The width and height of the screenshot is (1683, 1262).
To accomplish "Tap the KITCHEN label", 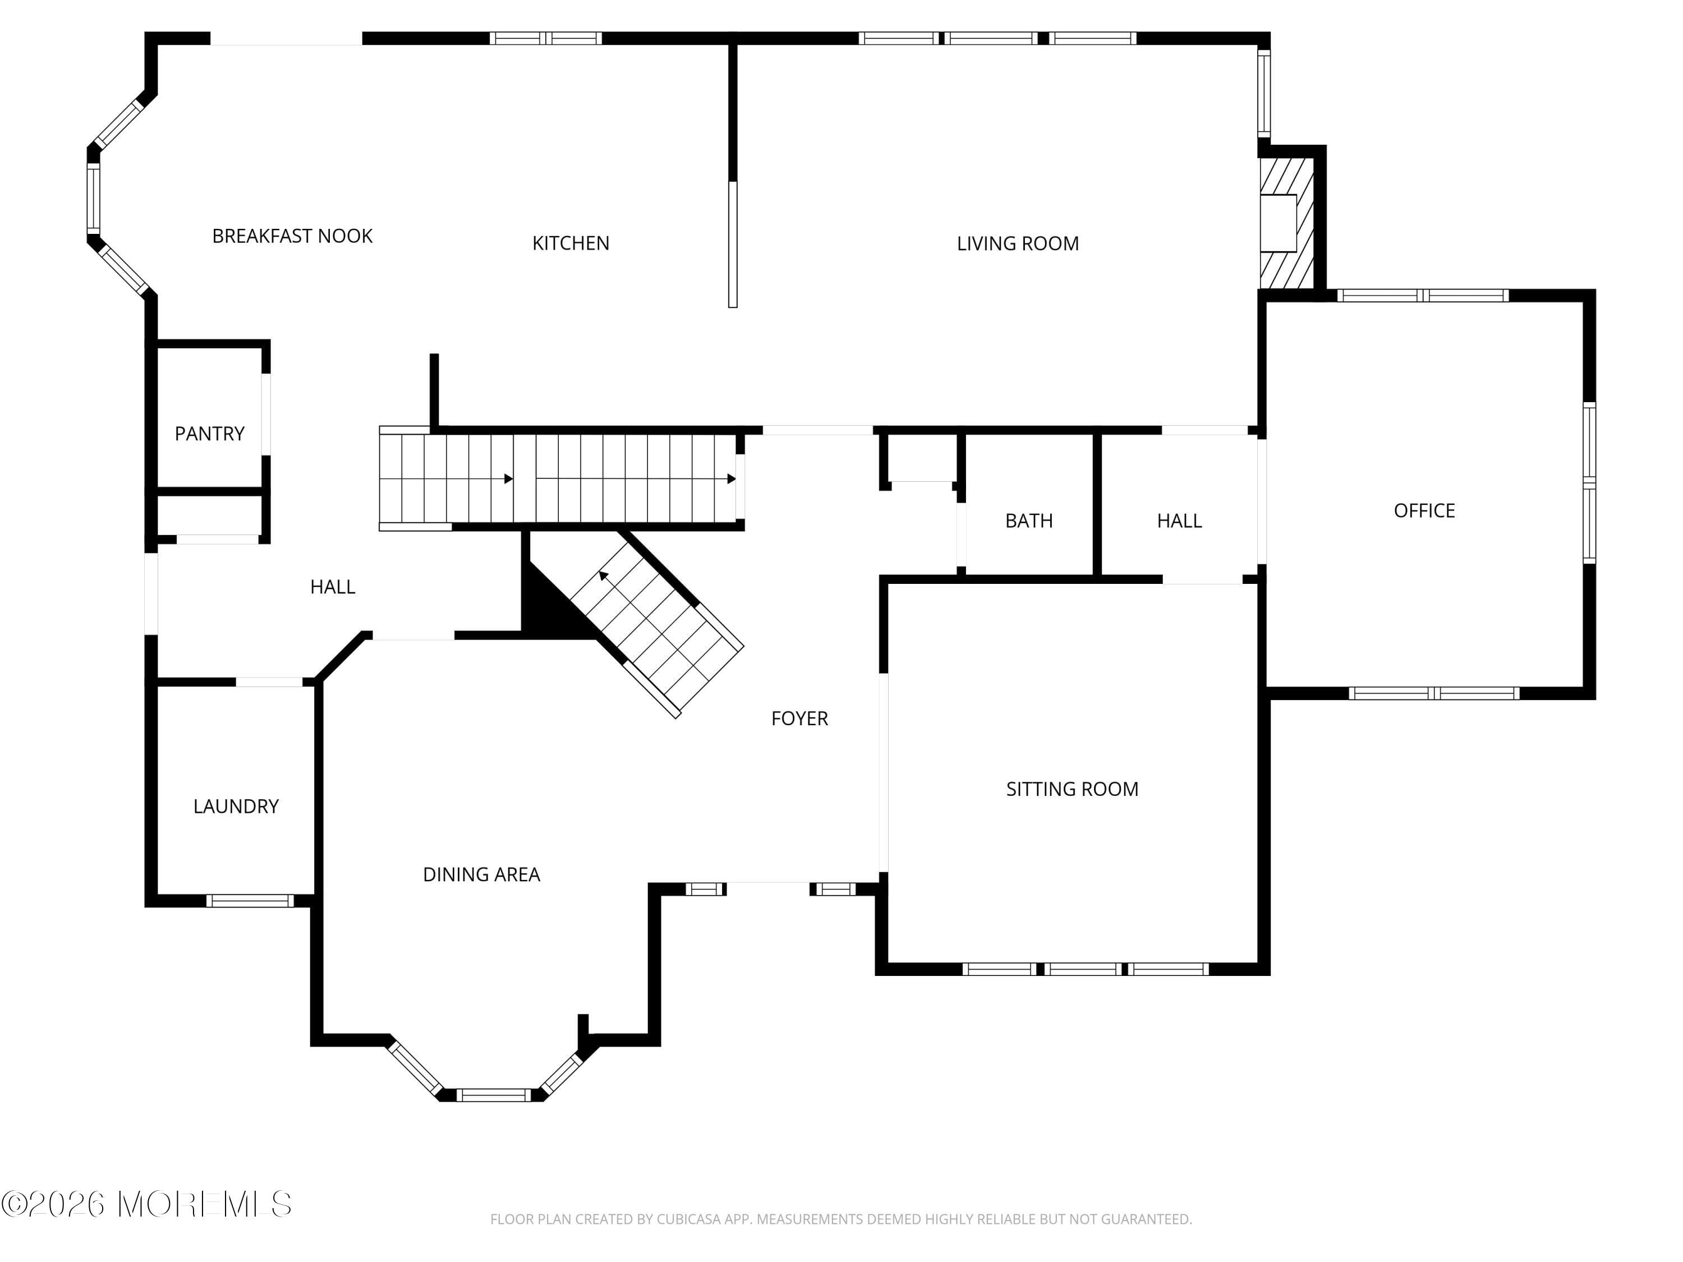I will (571, 243).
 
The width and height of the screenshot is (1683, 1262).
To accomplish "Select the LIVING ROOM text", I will (1017, 243).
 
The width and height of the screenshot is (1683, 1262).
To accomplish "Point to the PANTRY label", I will (209, 434).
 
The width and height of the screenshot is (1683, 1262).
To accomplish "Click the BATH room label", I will (1029, 521).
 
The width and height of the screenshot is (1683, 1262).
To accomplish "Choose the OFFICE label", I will (1424, 510).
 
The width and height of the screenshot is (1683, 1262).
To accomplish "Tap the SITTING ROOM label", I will (1072, 789).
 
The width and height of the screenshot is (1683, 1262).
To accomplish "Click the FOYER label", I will (799, 718).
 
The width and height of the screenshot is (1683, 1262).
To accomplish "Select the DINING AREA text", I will (481, 875).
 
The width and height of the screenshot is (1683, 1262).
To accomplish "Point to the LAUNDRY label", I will (236, 807).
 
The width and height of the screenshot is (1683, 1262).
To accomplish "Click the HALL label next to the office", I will (1179, 521).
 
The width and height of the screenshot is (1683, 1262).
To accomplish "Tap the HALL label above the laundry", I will (333, 587).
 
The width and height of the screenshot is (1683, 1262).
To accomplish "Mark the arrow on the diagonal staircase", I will (605, 577).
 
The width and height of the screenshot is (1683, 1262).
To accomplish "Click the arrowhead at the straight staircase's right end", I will (731, 479).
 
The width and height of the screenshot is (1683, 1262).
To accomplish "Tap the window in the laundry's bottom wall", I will (250, 901).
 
